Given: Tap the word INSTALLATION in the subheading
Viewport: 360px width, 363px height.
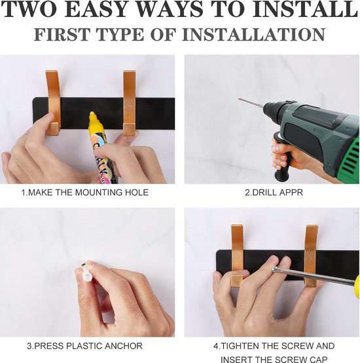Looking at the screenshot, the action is pos(254,35).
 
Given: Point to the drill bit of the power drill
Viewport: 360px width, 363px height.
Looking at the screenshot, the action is pos(251,103).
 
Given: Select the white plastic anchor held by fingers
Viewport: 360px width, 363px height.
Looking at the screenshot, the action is pos(86,271).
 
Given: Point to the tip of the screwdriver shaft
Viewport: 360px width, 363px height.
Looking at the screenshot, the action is pos(274,269).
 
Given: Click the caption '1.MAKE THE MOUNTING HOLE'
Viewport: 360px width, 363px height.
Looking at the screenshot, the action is pos(85,193).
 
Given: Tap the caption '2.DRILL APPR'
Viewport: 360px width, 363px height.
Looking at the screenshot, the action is pos(274,193).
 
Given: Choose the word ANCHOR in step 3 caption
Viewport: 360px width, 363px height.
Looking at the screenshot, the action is pos(124,346).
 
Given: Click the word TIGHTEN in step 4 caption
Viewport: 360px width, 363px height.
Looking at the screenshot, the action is pos(236,346).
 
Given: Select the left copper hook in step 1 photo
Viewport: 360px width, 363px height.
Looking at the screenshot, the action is pos(53,103).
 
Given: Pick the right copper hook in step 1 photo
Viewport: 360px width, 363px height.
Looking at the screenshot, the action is pos(129,103).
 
